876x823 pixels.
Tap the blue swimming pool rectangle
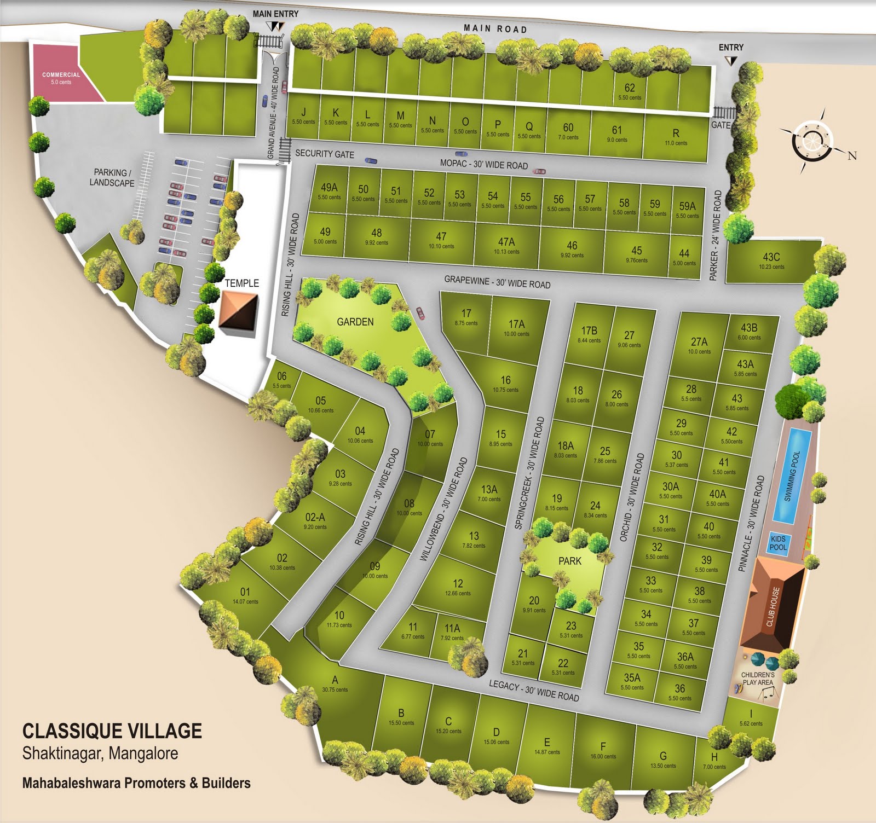[792, 476]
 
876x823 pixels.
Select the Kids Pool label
[778, 543]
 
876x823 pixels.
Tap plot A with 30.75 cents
[335, 684]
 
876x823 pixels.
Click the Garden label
[355, 322]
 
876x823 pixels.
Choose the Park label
[570, 561]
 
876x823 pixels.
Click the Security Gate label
[325, 154]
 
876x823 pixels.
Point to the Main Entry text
[275, 14]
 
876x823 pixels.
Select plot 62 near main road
[630, 91]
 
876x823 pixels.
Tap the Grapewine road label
[497, 282]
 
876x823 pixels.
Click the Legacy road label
[534, 690]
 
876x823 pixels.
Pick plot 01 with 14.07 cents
[245, 595]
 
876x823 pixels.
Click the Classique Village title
[112, 731]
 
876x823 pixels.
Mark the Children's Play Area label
[758, 679]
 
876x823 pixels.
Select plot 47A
[506, 245]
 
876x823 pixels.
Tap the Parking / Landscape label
[112, 177]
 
